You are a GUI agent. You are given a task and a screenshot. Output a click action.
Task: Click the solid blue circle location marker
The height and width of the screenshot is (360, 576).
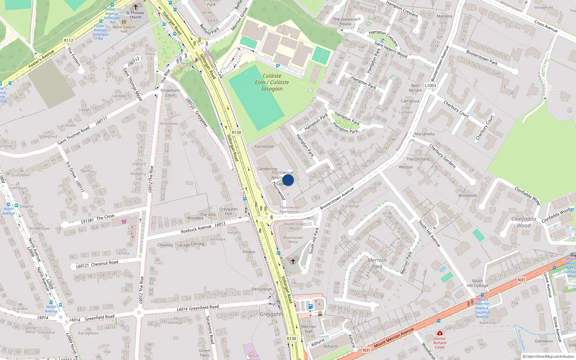[x=288, y=180]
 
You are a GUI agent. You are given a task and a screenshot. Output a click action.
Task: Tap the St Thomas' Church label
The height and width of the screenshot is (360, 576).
[x=135, y=15]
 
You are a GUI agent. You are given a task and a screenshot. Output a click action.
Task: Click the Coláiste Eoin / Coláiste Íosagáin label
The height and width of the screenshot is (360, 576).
[x=272, y=82]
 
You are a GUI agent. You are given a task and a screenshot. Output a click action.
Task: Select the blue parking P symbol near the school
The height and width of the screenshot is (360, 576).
[x=278, y=66]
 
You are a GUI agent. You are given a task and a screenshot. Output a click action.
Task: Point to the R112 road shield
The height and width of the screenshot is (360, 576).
[x=68, y=40]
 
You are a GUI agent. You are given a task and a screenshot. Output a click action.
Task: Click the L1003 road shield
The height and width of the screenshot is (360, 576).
[x=430, y=85]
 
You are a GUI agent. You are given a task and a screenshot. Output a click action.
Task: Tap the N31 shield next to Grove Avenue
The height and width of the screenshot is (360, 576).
[x=521, y=280]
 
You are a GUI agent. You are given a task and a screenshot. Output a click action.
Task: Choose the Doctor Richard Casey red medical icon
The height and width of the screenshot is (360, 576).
[x=440, y=333]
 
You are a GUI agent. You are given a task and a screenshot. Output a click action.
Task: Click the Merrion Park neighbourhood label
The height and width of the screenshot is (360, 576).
[x=377, y=263]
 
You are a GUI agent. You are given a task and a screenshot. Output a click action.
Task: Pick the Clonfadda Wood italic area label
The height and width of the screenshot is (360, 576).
[x=524, y=222]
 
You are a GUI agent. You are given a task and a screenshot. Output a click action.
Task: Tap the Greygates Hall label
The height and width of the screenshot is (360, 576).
[x=229, y=211]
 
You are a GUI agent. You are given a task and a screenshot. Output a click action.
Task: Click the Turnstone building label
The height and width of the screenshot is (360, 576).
[x=264, y=147]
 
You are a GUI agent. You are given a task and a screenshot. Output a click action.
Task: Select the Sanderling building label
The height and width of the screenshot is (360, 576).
[x=267, y=168]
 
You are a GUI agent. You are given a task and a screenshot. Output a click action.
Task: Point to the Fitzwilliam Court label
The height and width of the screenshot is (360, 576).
[x=170, y=93]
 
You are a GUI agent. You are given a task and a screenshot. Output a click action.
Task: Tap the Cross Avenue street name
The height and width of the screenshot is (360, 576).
[x=546, y=26]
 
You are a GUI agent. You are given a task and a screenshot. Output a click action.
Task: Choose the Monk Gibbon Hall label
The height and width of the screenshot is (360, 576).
[x=124, y=29]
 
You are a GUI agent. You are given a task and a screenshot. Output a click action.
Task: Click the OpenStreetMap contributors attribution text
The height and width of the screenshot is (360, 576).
[x=548, y=356]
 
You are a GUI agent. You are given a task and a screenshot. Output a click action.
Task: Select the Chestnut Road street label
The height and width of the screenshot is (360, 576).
[x=104, y=263]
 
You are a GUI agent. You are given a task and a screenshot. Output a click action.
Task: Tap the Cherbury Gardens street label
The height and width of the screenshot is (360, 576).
[x=442, y=156]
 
